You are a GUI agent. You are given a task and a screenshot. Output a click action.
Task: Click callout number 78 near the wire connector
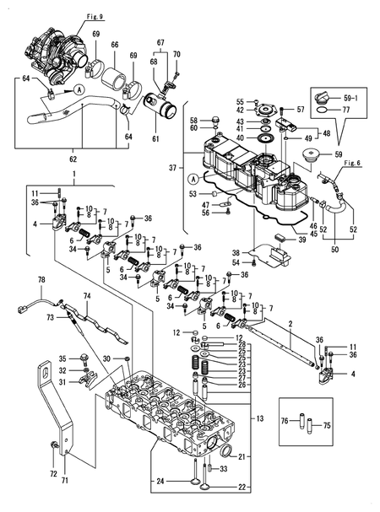(41, 279)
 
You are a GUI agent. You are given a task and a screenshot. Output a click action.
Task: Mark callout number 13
(259, 418)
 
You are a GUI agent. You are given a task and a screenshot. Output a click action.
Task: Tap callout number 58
(193, 121)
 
